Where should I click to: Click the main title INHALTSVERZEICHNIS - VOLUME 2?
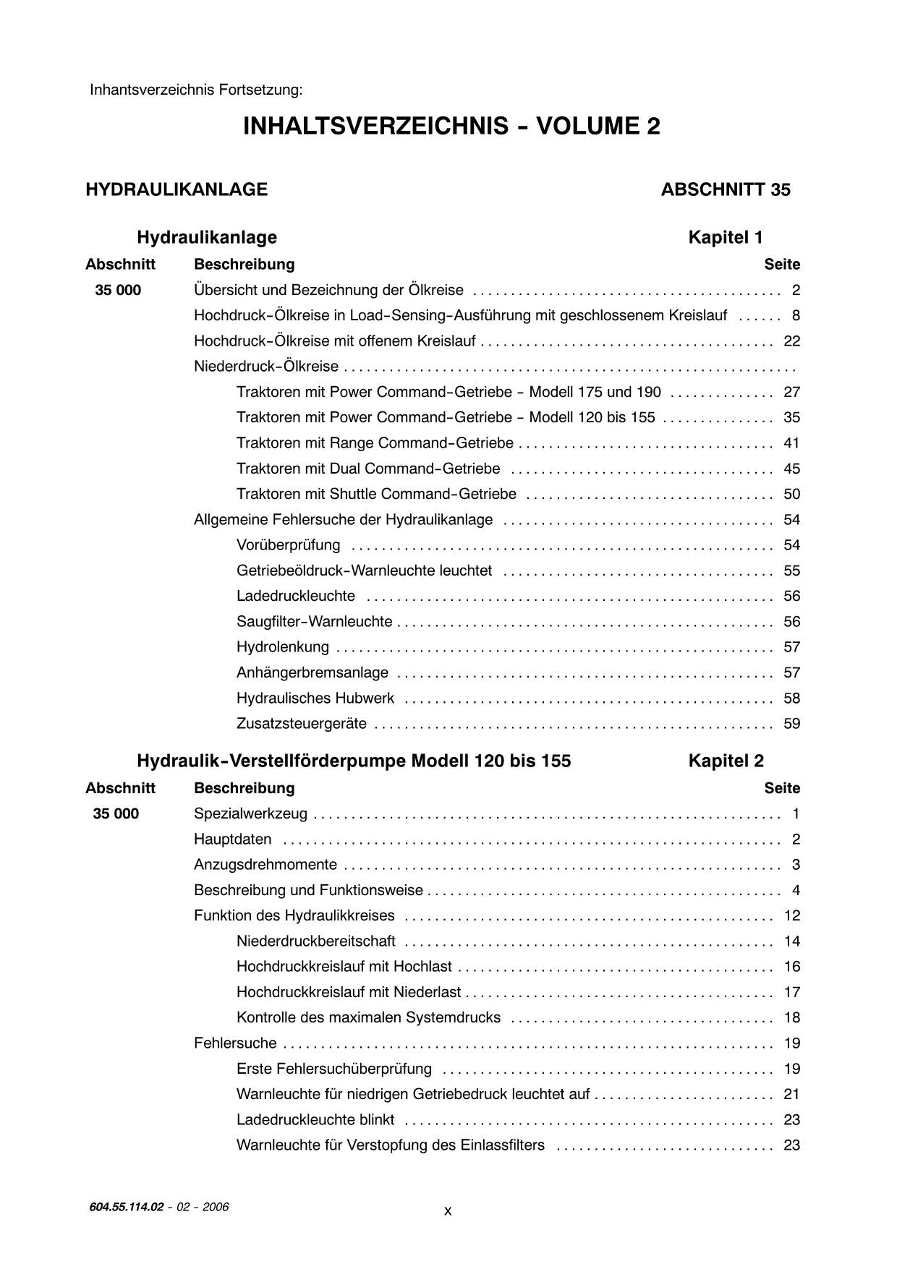coord(451,127)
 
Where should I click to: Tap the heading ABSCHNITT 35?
coord(725,189)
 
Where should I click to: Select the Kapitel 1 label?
coord(725,237)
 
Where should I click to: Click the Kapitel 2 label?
coord(726,761)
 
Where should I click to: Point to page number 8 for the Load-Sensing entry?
coord(796,315)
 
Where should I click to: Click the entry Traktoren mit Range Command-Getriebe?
coord(375,443)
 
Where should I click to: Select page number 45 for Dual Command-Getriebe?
coord(791,469)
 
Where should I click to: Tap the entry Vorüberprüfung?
coord(288,544)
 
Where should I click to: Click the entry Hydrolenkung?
coord(282,646)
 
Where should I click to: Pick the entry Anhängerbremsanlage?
coord(312,672)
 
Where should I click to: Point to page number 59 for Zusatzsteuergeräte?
coord(791,723)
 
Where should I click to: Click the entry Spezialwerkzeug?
coord(250,813)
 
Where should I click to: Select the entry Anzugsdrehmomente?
coord(265,864)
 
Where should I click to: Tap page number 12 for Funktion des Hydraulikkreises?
coord(791,915)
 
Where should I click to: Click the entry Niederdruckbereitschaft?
coord(315,941)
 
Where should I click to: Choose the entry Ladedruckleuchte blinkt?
coord(315,1119)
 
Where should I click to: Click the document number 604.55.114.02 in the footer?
coord(127,1206)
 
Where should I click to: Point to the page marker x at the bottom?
coord(448,1210)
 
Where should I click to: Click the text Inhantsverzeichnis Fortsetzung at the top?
coord(196,90)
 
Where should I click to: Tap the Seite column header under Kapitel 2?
coord(781,787)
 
